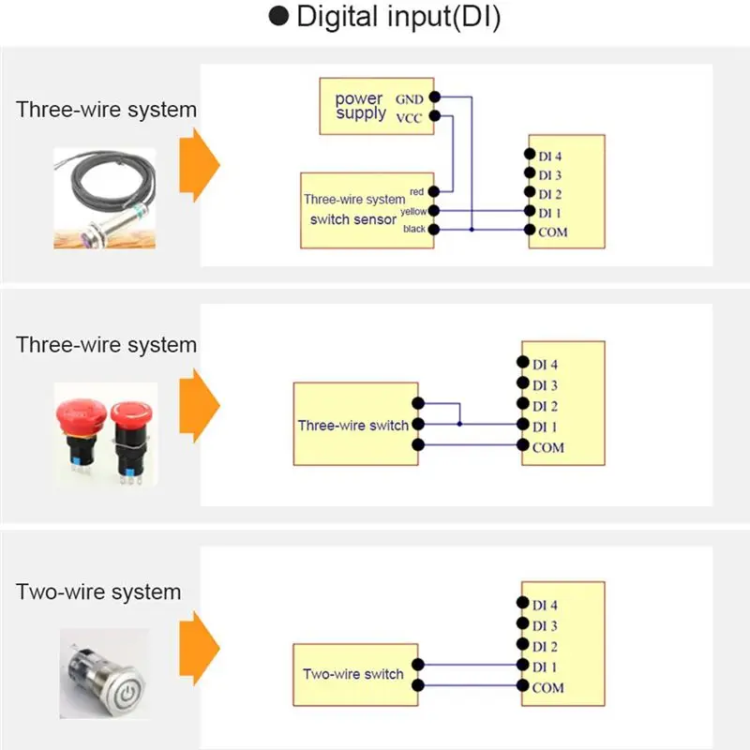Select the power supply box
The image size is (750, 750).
(x=375, y=105)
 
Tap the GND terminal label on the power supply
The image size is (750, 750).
(x=409, y=97)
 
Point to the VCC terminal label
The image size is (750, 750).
(x=409, y=118)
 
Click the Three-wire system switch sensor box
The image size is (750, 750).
(x=367, y=210)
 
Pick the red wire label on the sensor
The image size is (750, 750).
(x=417, y=192)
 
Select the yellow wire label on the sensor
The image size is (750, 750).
(x=413, y=211)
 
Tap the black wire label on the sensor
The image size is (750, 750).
(x=414, y=229)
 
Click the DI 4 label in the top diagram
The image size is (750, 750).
(x=550, y=157)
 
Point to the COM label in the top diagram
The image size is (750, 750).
(x=553, y=232)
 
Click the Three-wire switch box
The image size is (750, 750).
(x=355, y=425)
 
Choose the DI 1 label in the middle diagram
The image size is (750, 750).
(x=546, y=427)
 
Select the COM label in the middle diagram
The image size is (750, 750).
(x=548, y=447)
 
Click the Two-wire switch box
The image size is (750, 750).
(x=355, y=674)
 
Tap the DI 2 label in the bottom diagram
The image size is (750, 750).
(x=546, y=647)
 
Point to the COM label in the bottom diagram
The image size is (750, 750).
(x=548, y=688)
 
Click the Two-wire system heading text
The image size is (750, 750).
(x=98, y=592)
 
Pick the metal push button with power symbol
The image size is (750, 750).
(x=100, y=675)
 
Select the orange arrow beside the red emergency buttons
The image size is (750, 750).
(x=199, y=406)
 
